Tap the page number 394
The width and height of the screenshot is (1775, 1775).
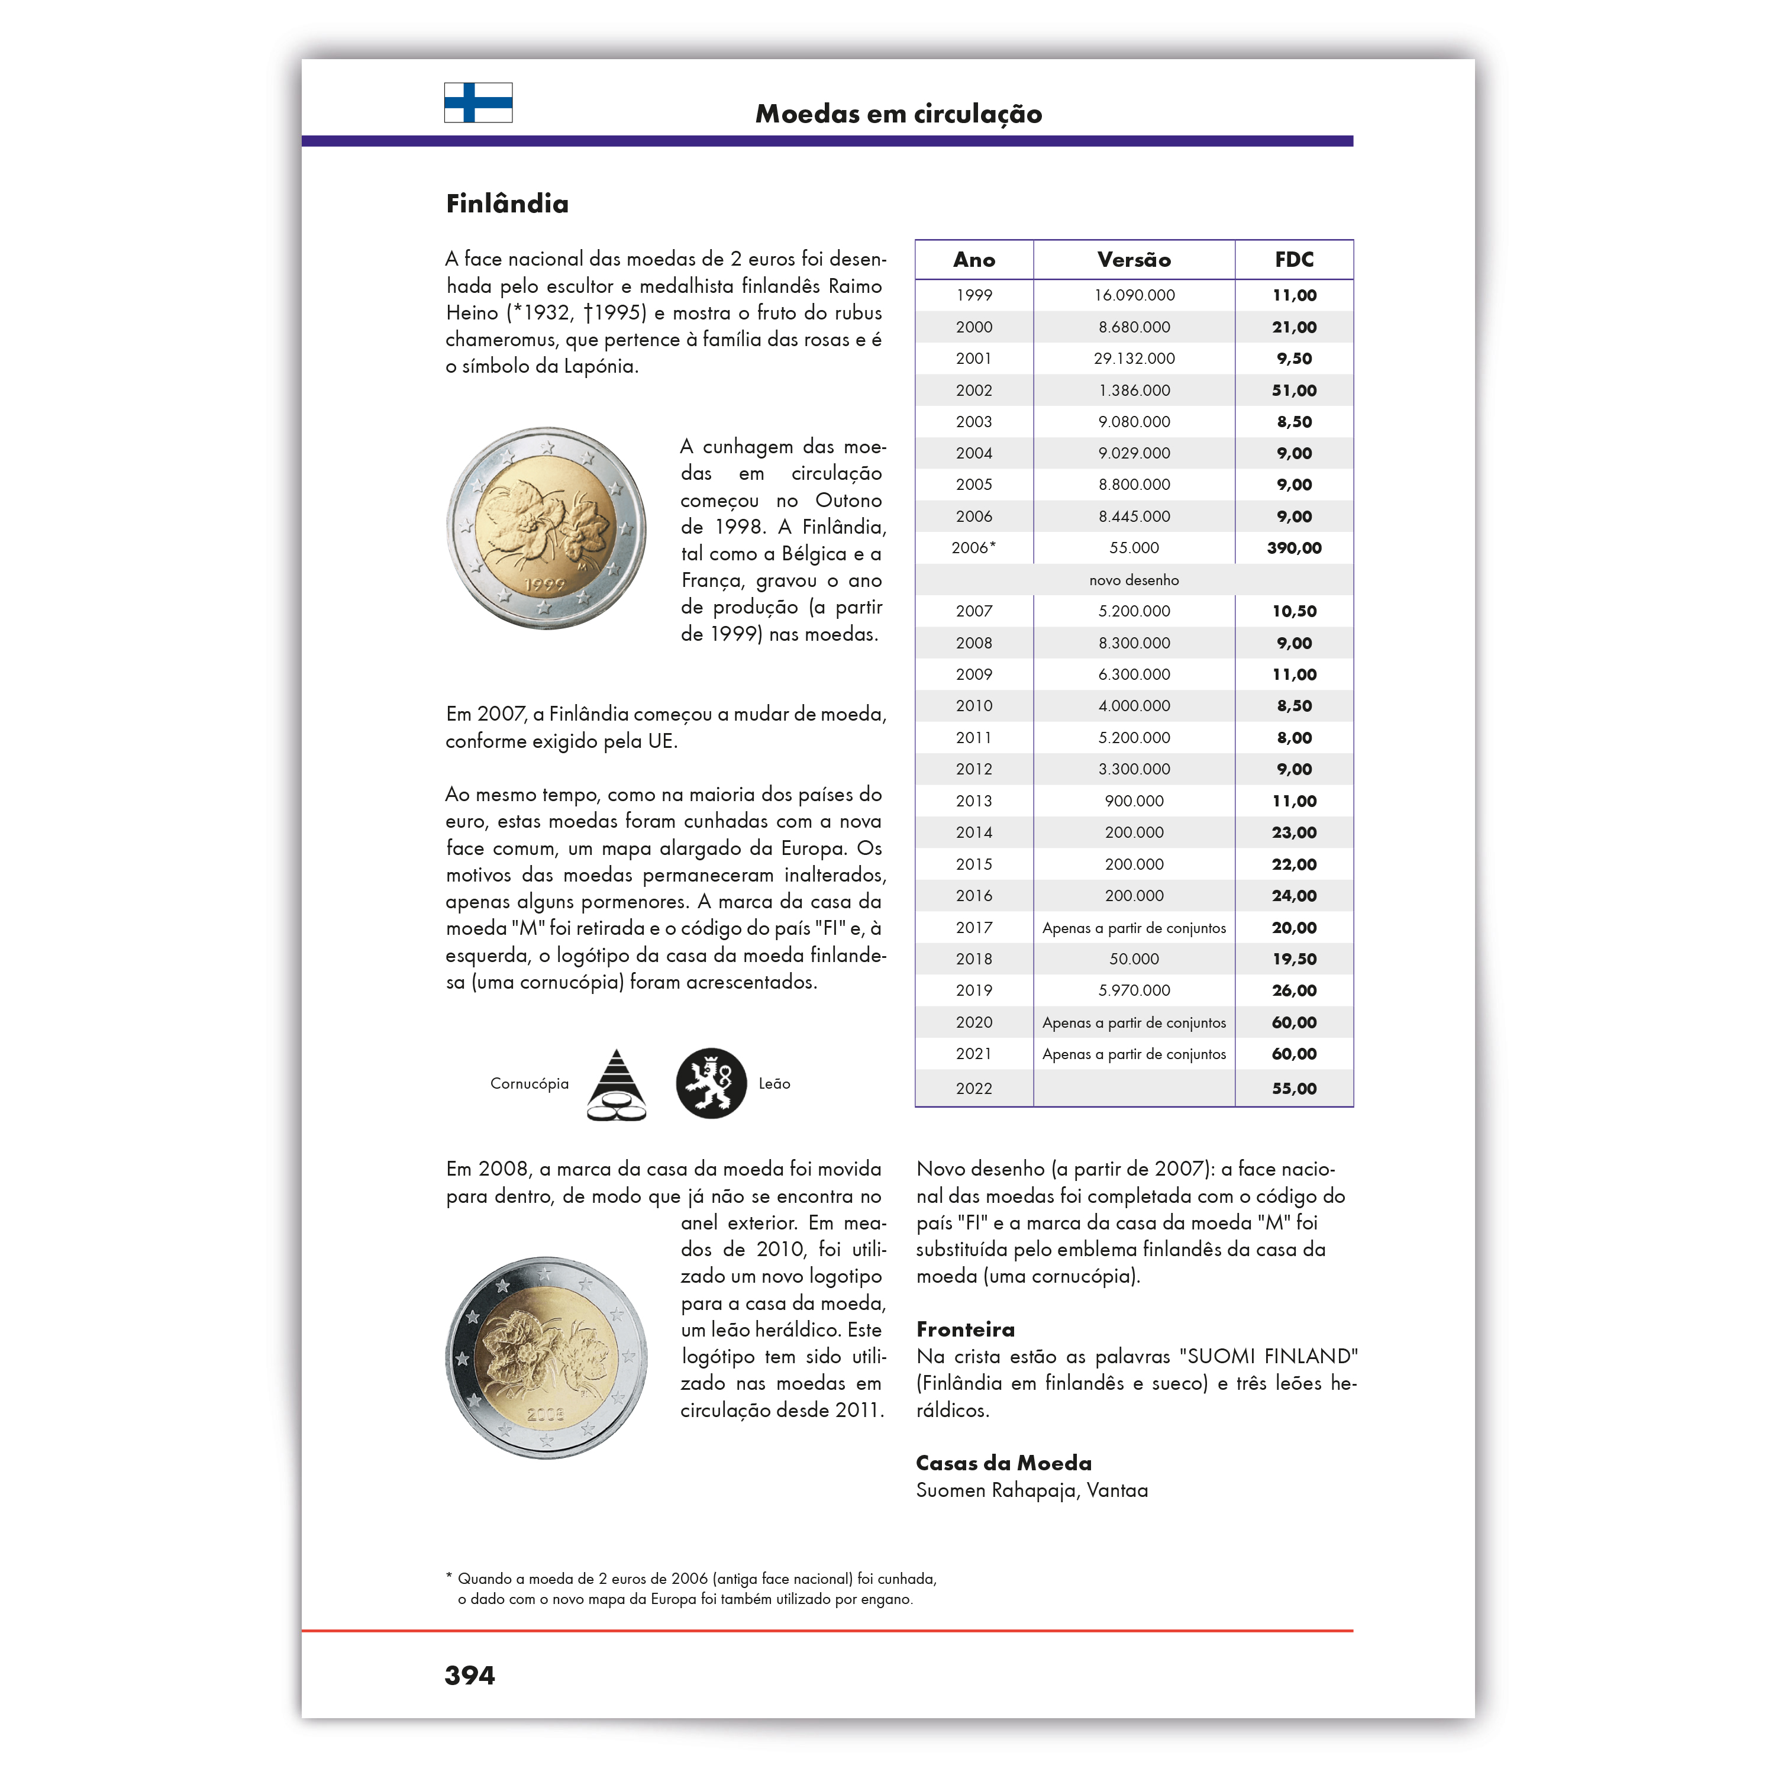pos(469,1676)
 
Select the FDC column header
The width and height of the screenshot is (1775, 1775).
pos(1293,260)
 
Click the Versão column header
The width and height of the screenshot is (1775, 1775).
pos(1134,260)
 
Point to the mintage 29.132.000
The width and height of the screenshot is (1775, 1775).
pos(1134,359)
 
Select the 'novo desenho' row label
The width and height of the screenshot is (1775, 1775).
pos(1134,580)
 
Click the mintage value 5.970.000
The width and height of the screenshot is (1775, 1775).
pos(1134,990)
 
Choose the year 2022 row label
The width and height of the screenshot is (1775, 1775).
pos(974,1089)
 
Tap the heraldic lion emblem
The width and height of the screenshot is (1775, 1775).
pos(711,1083)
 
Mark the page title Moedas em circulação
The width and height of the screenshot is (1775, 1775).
pos(899,114)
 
